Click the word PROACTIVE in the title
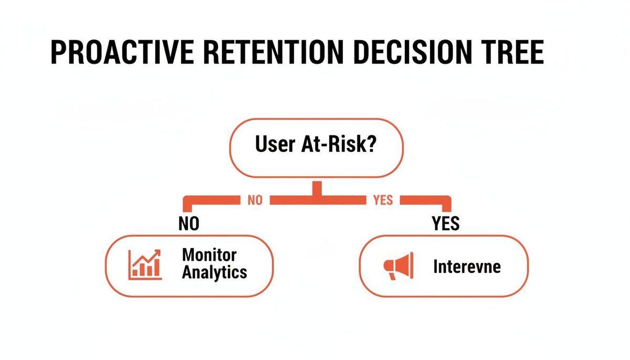pos(122,52)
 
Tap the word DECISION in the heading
pos(412,52)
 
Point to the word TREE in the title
pos(512,52)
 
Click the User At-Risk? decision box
pos(317,148)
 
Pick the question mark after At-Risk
pos(371,144)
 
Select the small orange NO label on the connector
pos(255,200)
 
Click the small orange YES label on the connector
pos(383,200)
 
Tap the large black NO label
pos(188,224)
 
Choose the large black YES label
pos(446,224)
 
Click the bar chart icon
pos(145,264)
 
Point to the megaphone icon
pos(398,266)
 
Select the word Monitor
pos(209,255)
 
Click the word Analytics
pos(215,272)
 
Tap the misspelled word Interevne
pos(467,267)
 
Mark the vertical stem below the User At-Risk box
pos(317,188)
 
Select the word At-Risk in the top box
pos(333,144)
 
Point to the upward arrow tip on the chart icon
pos(159,251)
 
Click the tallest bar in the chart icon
pos(156,267)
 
